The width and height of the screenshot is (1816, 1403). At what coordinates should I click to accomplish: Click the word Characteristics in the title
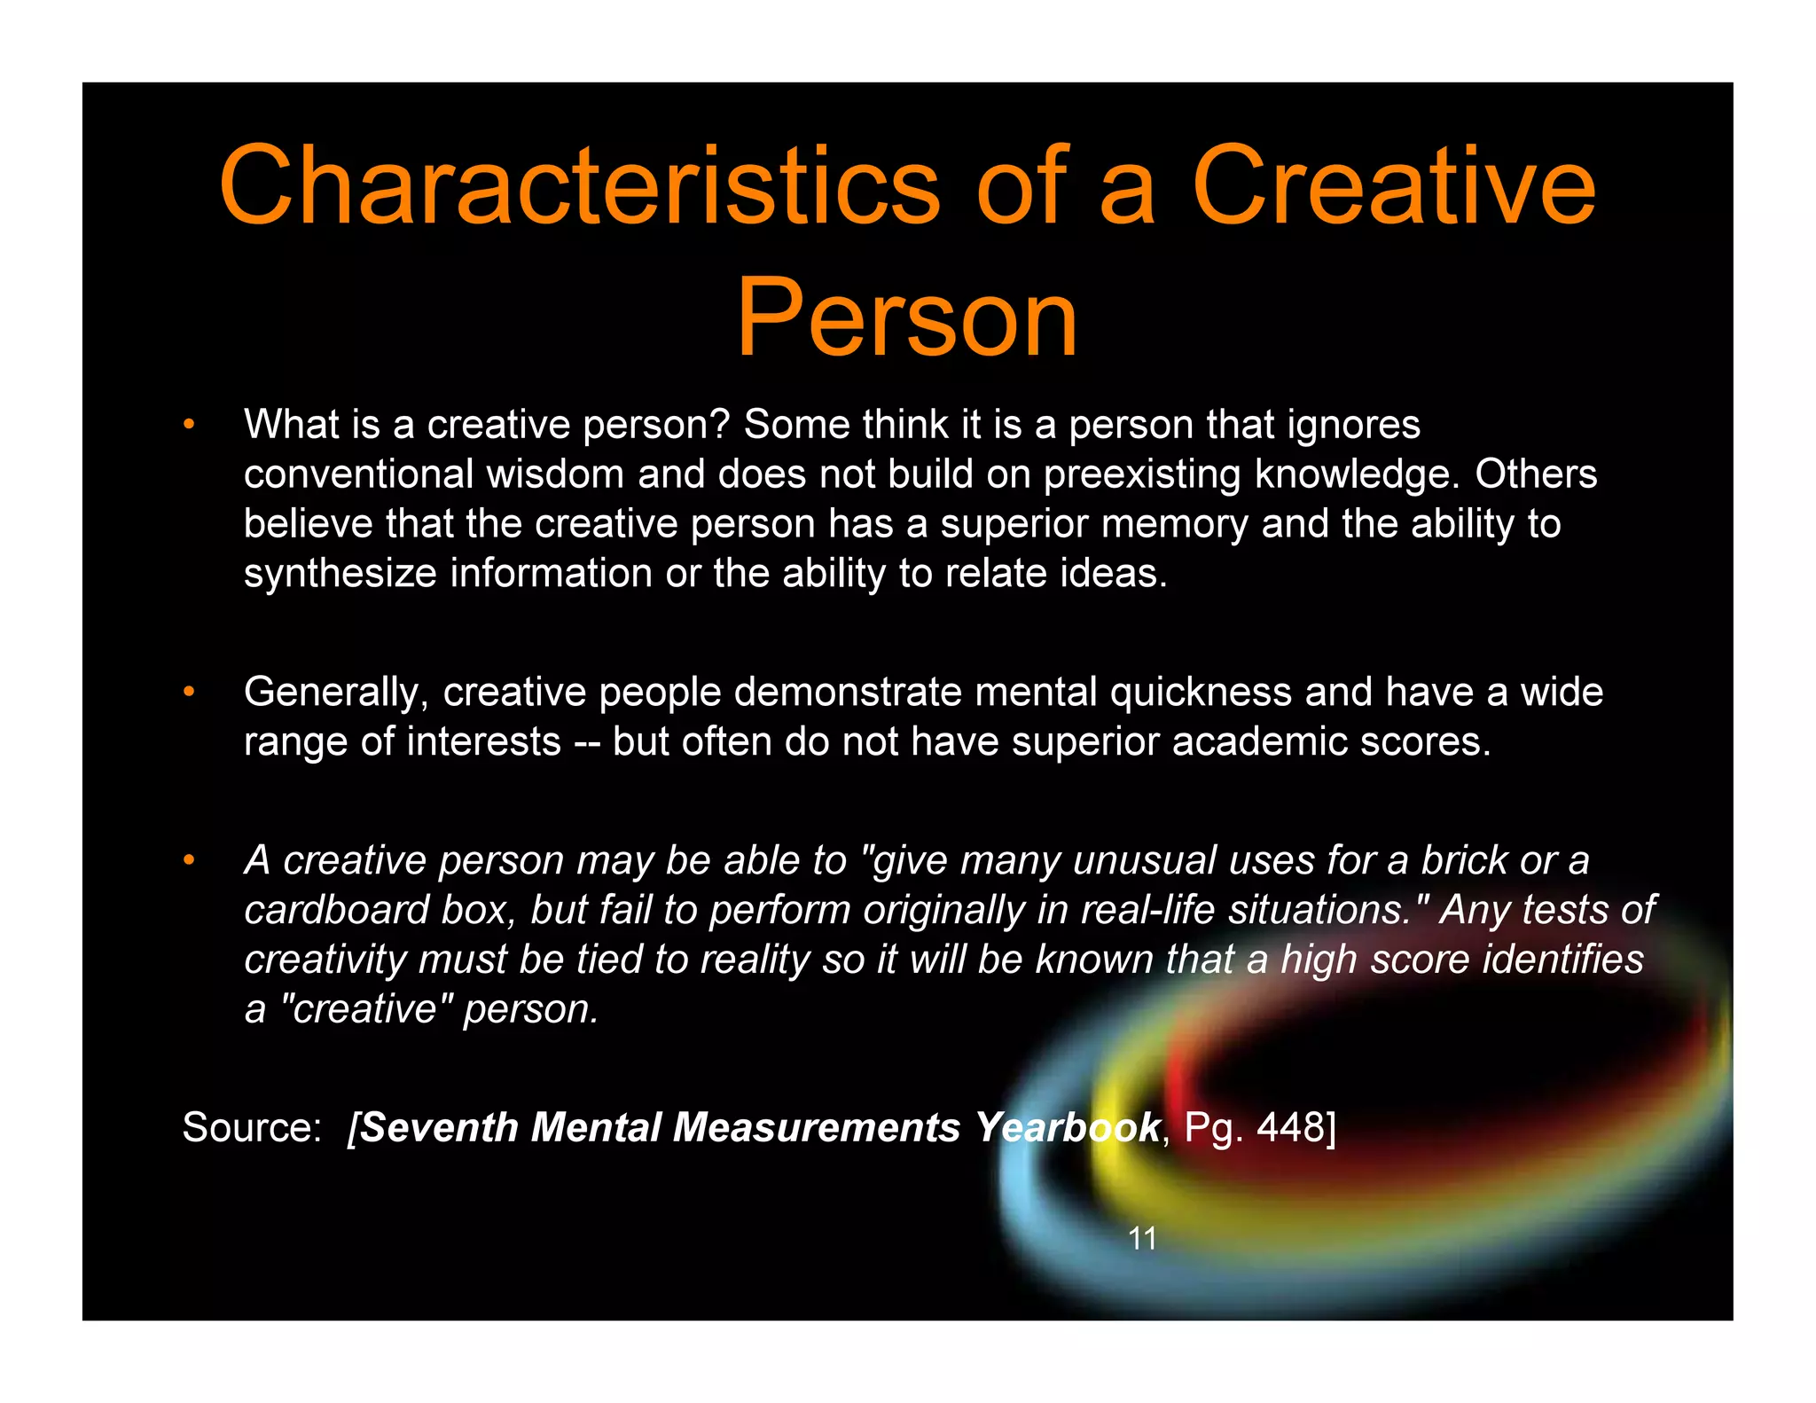click(x=579, y=187)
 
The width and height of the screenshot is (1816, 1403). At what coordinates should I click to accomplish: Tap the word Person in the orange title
click(x=907, y=317)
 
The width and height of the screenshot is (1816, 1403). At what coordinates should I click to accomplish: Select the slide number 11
click(x=1142, y=1238)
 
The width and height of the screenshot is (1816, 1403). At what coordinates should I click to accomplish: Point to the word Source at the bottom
click(x=251, y=1127)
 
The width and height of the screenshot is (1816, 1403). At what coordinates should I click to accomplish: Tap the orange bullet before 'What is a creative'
click(x=188, y=425)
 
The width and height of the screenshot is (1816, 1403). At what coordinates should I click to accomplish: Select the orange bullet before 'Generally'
click(x=188, y=692)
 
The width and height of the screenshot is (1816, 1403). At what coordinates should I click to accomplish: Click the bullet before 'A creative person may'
click(x=188, y=860)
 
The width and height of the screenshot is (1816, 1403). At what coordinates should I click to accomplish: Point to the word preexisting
click(x=1141, y=474)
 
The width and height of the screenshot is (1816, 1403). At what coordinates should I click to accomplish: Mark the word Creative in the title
click(x=1393, y=187)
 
